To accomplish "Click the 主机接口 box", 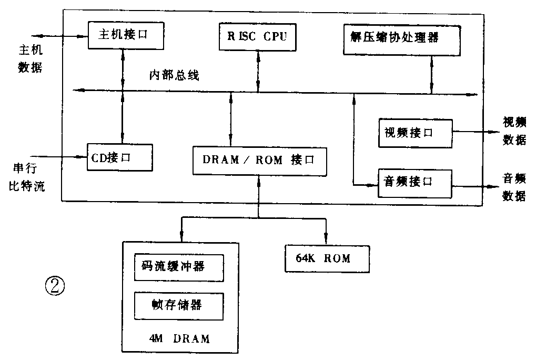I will tap(123, 35).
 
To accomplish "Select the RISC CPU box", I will tap(256, 36).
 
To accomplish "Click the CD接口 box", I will tap(119, 156).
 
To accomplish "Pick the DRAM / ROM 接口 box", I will tap(258, 160).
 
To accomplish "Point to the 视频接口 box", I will tap(415, 133).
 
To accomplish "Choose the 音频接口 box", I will tap(415, 182).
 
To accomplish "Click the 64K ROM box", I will tap(326, 258).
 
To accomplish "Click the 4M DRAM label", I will tap(179, 338).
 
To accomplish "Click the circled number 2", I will tap(56, 287).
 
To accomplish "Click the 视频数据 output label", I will tap(514, 132).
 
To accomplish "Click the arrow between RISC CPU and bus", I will tap(258, 71).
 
